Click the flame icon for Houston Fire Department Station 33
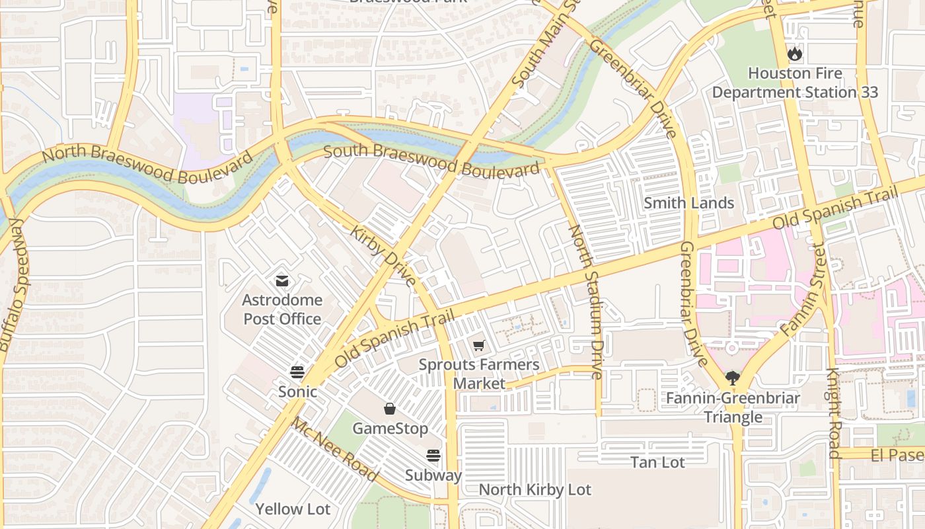[794, 54]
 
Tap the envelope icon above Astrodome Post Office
[282, 281]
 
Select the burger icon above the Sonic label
[297, 372]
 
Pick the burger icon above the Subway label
[433, 456]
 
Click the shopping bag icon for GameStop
[390, 409]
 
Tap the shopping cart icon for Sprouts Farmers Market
[479, 345]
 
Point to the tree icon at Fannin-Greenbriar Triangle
[732, 378]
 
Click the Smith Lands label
[688, 203]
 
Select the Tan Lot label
[657, 462]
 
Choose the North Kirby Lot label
[535, 490]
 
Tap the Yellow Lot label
[293, 509]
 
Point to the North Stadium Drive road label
[585, 302]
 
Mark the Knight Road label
[833, 413]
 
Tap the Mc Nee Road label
[335, 450]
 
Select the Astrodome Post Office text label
[282, 309]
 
